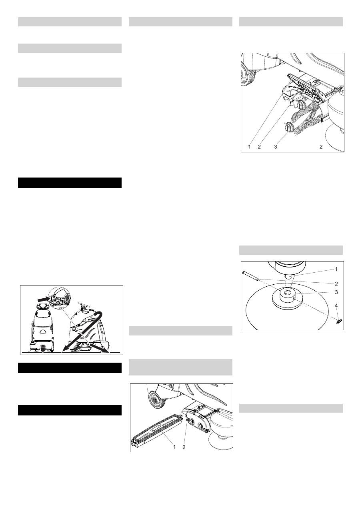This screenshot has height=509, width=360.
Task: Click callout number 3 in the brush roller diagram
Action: click(276, 147)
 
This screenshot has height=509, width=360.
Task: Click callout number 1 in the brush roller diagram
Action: click(249, 147)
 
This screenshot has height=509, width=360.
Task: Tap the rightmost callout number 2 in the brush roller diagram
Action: click(321, 147)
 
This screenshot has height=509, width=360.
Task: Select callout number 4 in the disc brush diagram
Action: click(336, 306)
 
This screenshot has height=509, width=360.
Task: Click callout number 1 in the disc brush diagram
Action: click(336, 269)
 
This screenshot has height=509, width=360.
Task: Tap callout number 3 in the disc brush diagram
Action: click(336, 292)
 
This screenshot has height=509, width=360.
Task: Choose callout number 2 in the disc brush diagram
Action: click(336, 283)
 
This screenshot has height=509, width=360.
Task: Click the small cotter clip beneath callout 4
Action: click(339, 321)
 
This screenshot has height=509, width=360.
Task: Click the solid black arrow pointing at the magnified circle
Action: click(44, 299)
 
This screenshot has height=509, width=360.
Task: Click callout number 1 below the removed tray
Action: click(174, 447)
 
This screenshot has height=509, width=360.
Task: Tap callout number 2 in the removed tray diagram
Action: click(184, 447)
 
